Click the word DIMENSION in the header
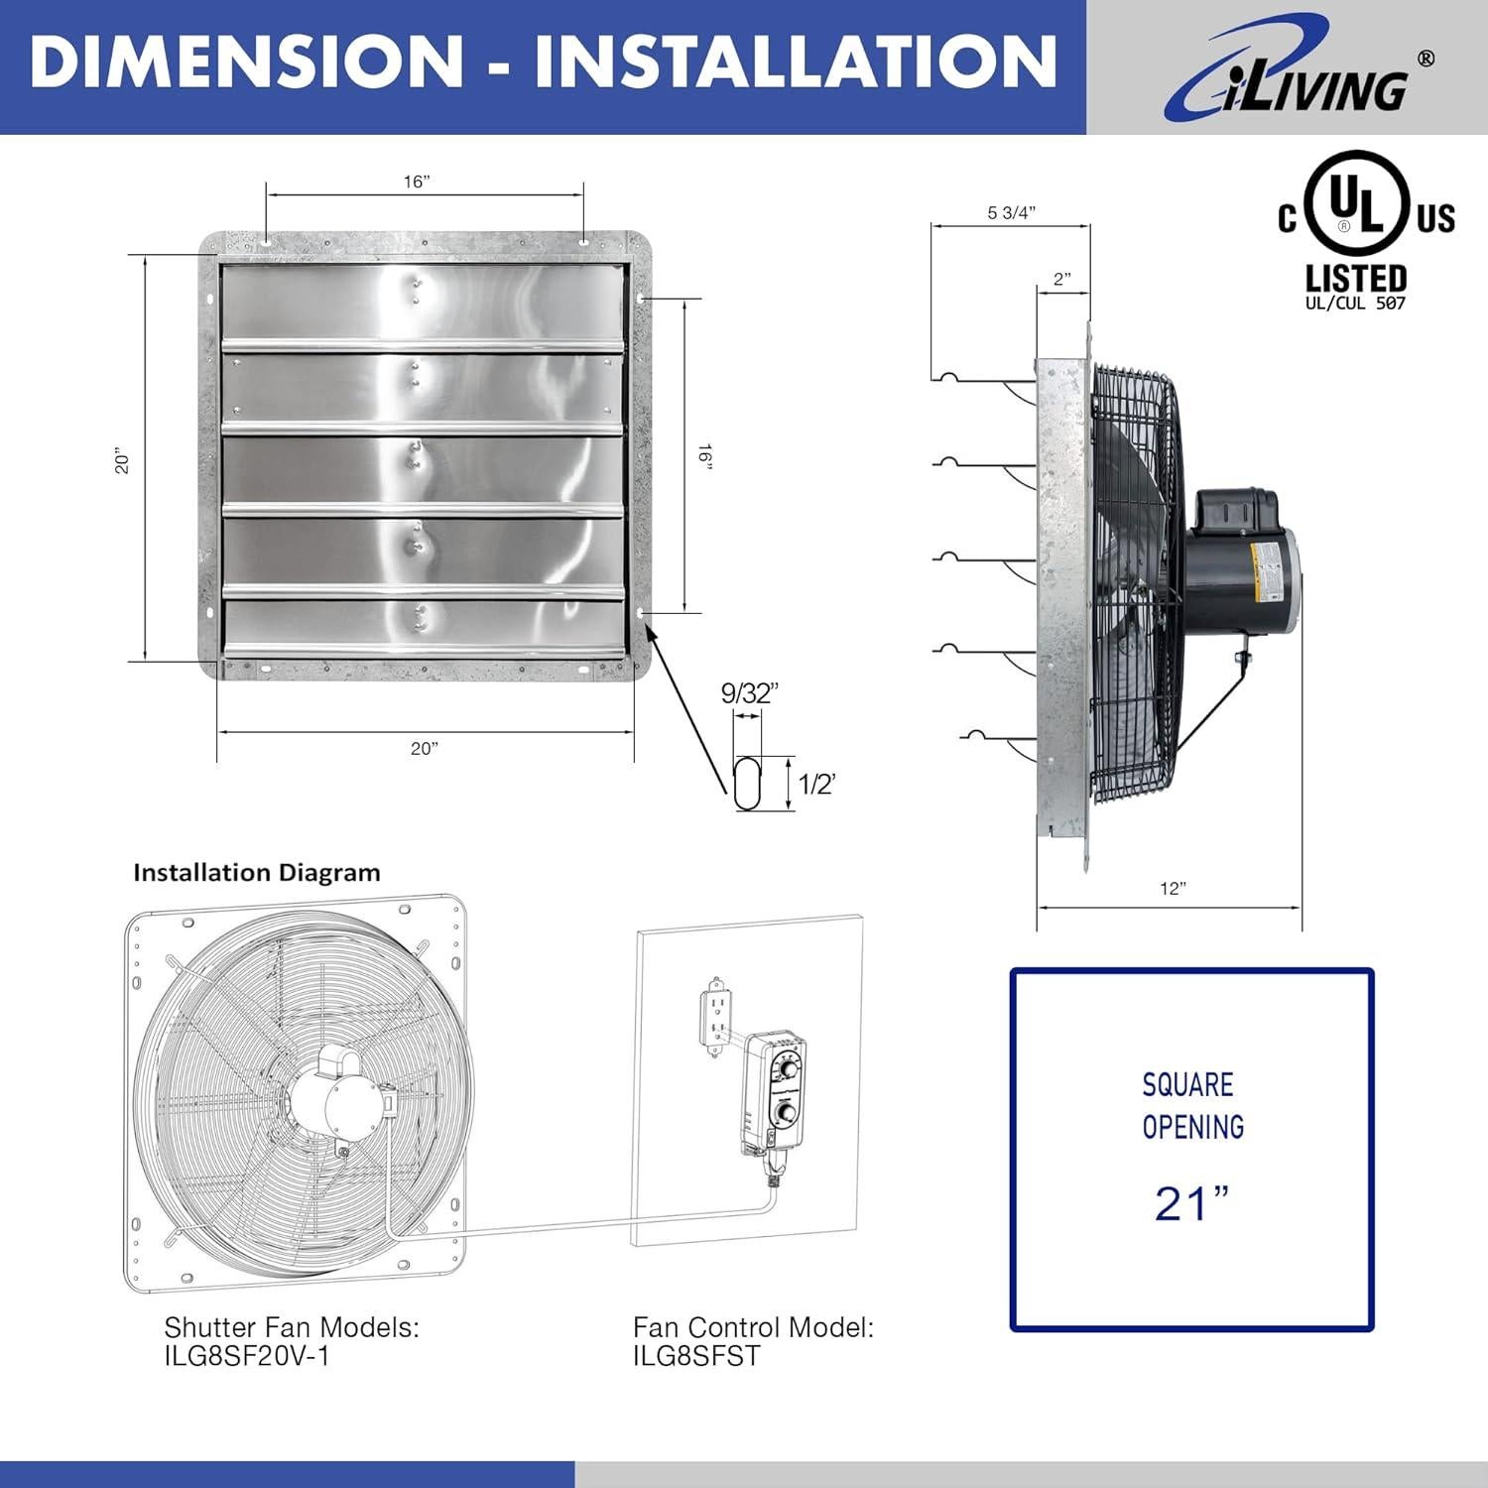[246, 62]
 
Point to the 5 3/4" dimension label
[1011, 213]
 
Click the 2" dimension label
[1062, 279]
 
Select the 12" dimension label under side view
[1173, 889]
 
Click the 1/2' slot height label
[817, 785]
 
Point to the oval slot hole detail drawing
[746, 784]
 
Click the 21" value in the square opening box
[1191, 1204]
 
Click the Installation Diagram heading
[257, 873]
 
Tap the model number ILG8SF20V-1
[247, 1356]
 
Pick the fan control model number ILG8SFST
[696, 1356]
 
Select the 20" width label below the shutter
[424, 748]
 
